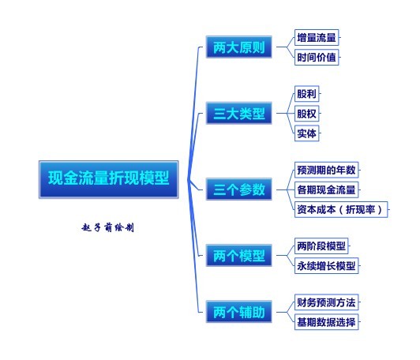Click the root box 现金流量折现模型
point(108,179)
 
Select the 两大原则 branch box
point(239,47)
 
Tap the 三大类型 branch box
point(239,113)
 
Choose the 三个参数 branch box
point(239,189)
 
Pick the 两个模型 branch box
point(239,255)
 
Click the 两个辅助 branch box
point(239,312)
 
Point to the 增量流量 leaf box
point(317,38)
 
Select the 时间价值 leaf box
point(317,57)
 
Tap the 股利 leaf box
point(306,94)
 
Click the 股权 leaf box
point(306,114)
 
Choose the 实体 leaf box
point(306,133)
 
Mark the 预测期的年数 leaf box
point(326,170)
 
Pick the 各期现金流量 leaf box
point(326,189)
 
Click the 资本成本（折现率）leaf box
point(341,209)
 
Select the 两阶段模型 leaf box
point(321,246)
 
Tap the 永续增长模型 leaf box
point(326,266)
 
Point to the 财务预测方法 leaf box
point(326,302)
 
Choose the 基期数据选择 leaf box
point(326,322)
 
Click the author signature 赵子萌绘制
point(107,227)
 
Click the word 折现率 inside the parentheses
point(360,209)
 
